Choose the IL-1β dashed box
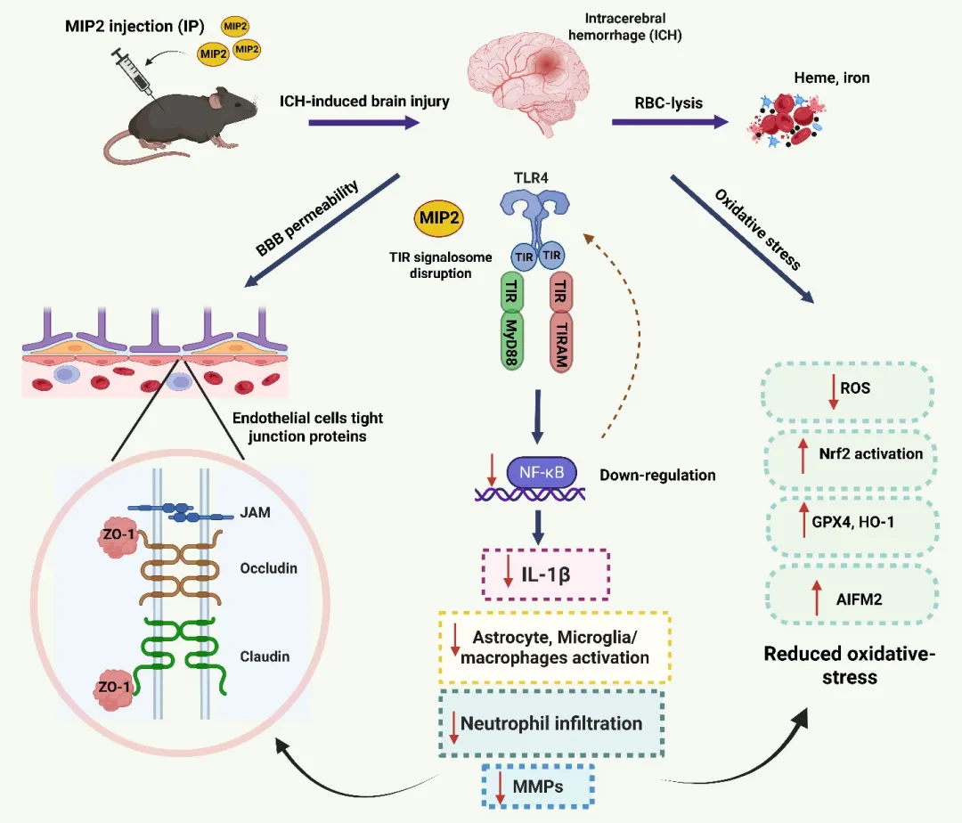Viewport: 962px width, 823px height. [544, 574]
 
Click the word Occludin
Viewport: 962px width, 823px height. [268, 567]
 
